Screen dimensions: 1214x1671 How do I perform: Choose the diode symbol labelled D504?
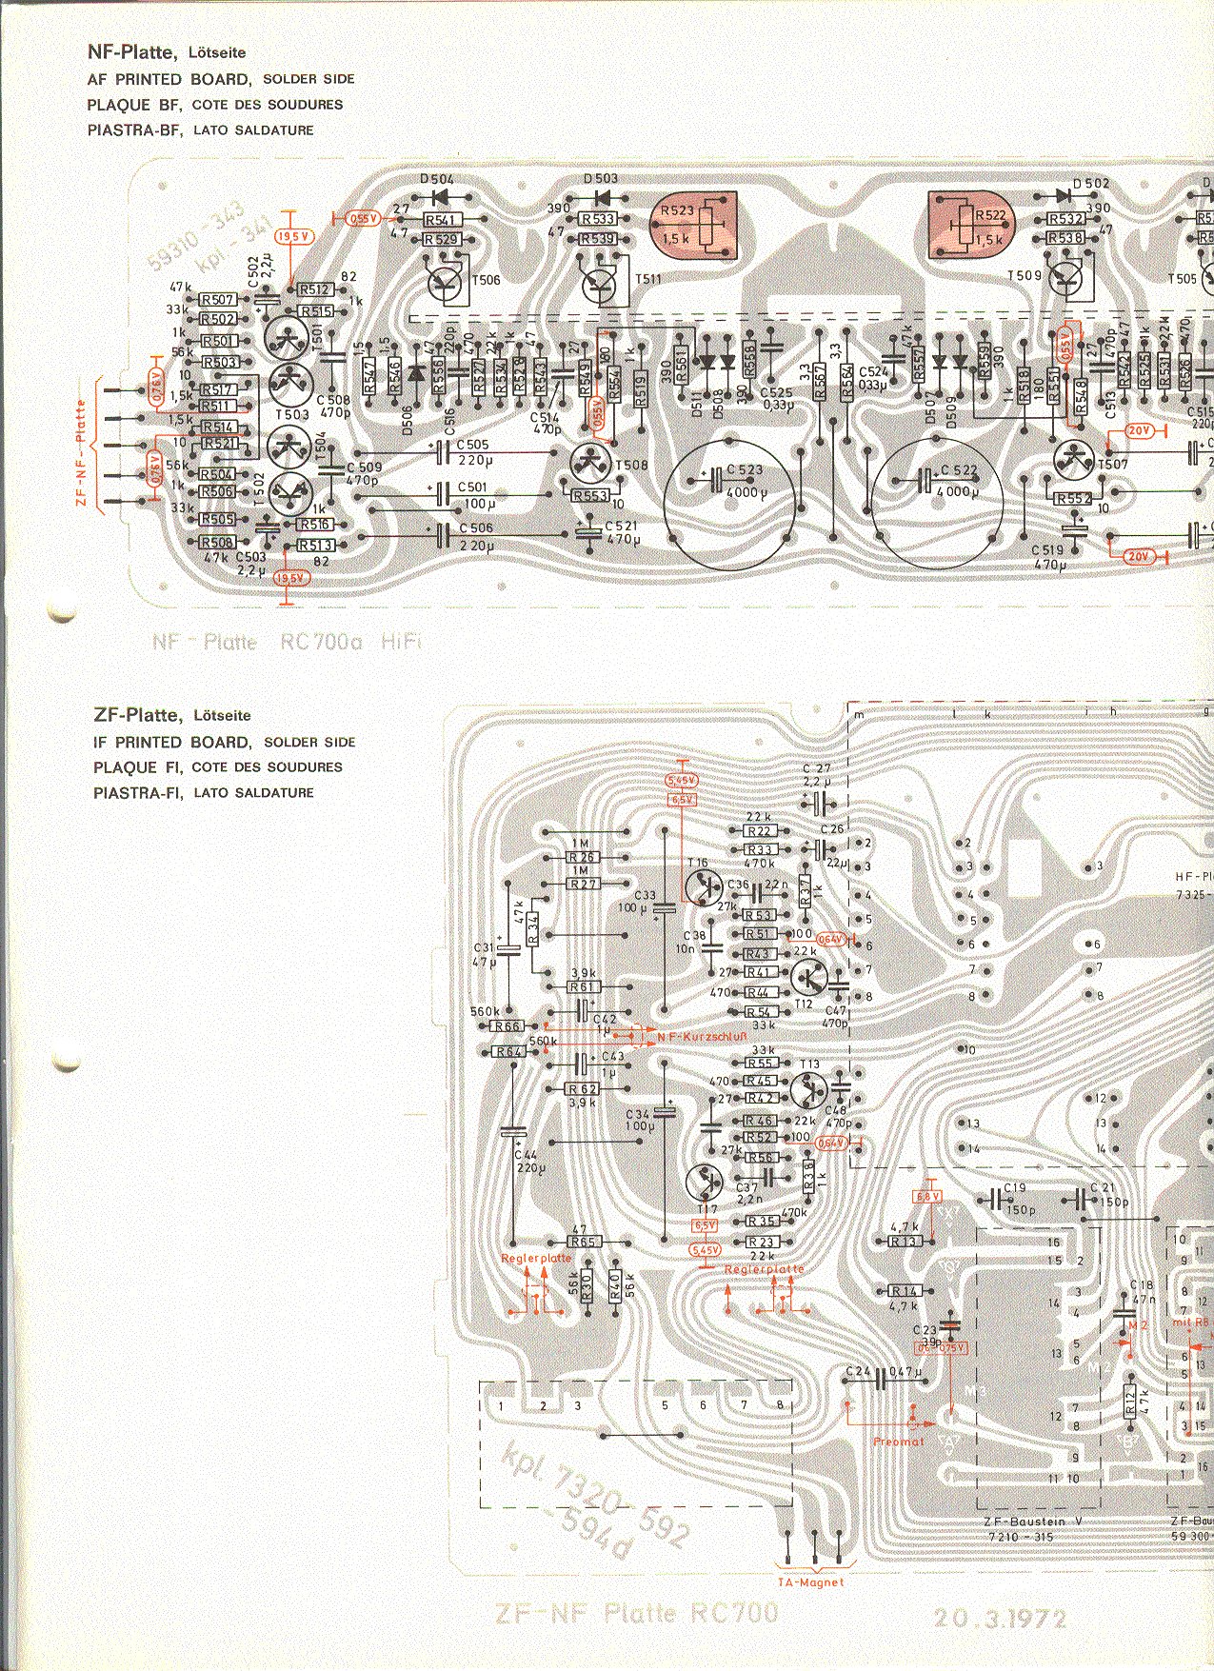point(440,197)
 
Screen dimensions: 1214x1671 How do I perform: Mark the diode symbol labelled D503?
point(602,197)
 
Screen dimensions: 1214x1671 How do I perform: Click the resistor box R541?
point(441,221)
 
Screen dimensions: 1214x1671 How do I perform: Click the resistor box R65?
point(583,1243)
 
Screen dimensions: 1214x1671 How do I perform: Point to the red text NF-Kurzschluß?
point(695,1033)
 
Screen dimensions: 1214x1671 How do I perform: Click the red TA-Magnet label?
point(811,1582)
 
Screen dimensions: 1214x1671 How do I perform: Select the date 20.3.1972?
point(1000,1619)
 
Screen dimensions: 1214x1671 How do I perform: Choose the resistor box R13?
point(904,1242)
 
